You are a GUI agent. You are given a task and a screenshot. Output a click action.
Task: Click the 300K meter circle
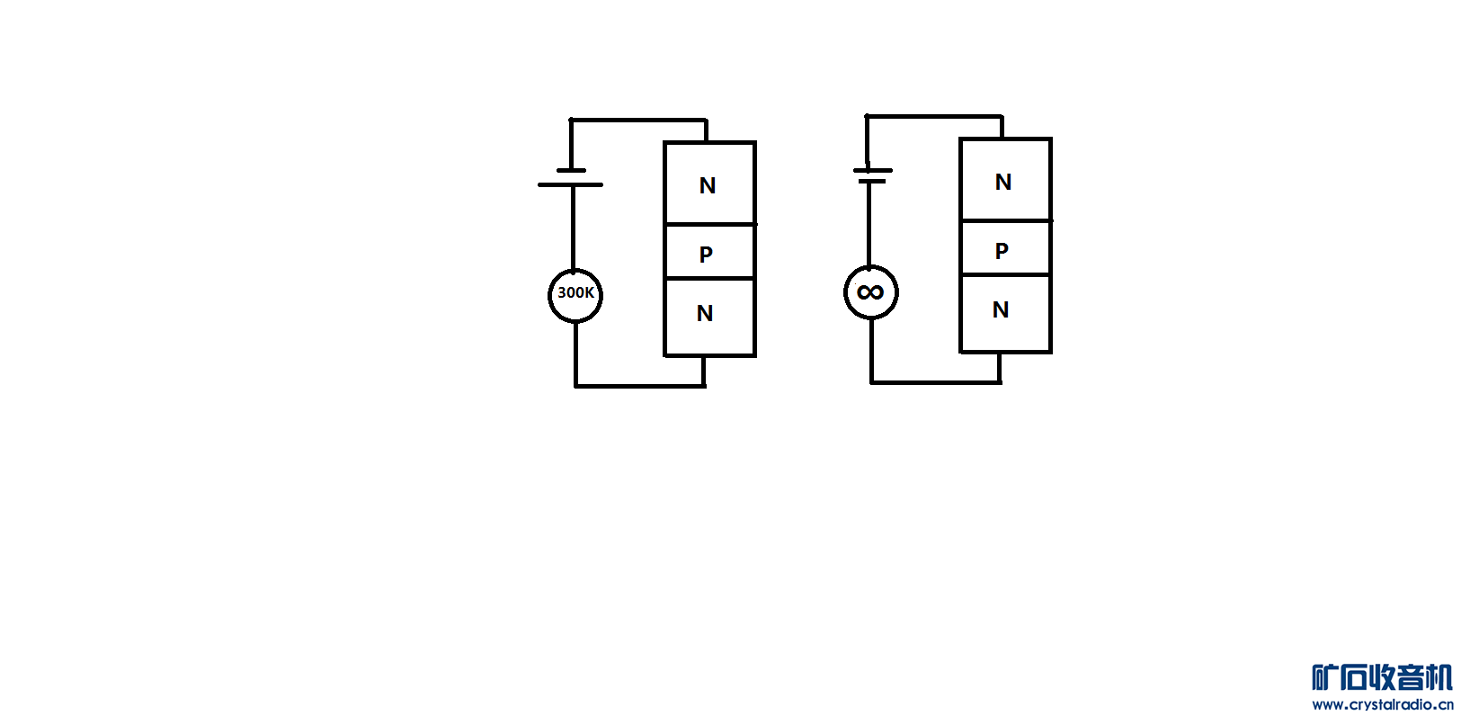pos(575,295)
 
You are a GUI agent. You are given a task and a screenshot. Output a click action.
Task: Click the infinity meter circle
pos(870,292)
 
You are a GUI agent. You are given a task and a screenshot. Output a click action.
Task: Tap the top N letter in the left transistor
pos(708,186)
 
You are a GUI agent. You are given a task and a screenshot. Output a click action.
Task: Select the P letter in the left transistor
pos(706,255)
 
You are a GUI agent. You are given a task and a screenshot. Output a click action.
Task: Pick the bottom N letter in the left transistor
pos(705,313)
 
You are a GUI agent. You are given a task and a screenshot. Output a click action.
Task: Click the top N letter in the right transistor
pos(1003,183)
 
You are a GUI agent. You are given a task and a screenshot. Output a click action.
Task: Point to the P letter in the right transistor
pos(1002,251)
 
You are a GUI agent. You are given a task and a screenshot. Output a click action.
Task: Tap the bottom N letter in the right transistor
pos(1001,310)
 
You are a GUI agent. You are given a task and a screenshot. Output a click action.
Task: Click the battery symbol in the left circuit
pos(571,177)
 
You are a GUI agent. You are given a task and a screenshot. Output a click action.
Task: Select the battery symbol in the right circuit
pos(871,175)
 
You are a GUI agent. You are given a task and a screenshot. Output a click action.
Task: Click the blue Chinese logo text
pos(1382,677)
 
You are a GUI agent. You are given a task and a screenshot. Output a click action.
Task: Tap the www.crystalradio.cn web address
pos(1382,704)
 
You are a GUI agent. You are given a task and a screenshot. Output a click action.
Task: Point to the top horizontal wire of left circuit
pos(638,120)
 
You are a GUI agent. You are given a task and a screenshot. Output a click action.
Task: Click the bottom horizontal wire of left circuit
pos(640,386)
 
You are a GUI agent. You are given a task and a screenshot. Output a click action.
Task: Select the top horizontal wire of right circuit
pos(933,116)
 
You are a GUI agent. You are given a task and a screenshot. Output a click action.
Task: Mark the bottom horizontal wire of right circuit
pos(935,382)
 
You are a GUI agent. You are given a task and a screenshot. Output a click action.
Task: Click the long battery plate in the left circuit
pos(570,184)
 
